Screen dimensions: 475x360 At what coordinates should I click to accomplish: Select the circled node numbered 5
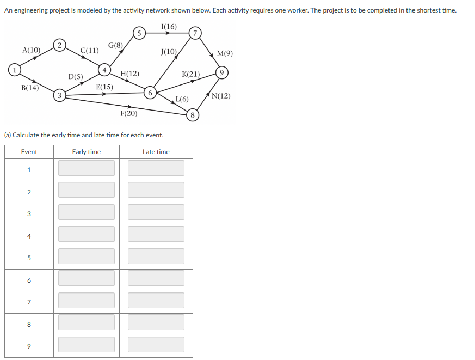click(x=139, y=33)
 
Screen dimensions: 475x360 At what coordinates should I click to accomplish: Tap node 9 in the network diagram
click(x=221, y=72)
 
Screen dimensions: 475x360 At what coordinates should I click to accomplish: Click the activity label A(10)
click(x=31, y=50)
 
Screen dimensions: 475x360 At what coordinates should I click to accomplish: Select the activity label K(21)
click(x=190, y=74)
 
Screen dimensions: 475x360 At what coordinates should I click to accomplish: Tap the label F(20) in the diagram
click(x=128, y=113)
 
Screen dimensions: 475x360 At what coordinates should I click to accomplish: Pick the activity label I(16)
click(x=169, y=27)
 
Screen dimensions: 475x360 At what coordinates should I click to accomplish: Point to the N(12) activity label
click(x=221, y=96)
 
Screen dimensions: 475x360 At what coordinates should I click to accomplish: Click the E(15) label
click(x=104, y=87)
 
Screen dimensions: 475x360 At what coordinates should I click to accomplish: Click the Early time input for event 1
click(x=87, y=168)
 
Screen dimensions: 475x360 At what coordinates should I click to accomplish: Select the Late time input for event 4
click(x=156, y=235)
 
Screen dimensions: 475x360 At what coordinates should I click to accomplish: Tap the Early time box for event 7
click(x=87, y=301)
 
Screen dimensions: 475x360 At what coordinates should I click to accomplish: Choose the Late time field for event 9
click(x=156, y=345)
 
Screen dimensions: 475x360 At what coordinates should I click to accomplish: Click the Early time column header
click(x=87, y=152)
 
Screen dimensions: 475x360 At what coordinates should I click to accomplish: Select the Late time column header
click(x=156, y=152)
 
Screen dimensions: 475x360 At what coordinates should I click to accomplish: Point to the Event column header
click(x=29, y=152)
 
